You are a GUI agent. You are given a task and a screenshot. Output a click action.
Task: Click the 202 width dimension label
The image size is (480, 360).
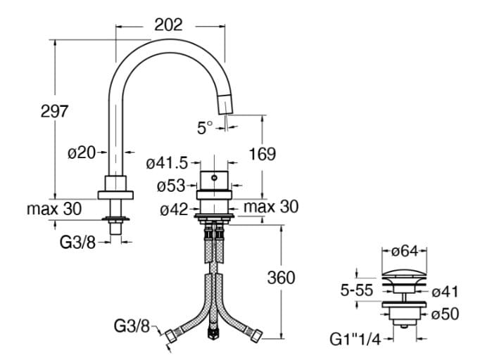168,25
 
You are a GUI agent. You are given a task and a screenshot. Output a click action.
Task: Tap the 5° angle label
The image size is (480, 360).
204,128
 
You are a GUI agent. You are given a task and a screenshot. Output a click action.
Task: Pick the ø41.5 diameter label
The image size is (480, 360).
167,163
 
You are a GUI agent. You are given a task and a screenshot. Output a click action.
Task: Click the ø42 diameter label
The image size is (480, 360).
172,209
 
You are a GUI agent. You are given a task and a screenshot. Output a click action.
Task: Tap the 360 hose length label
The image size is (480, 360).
281,278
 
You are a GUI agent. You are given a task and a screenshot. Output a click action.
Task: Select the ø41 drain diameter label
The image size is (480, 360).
445,290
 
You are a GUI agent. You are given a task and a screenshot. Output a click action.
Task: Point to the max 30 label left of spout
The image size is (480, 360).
54,209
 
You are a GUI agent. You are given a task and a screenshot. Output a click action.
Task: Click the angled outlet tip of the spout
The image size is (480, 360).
226,103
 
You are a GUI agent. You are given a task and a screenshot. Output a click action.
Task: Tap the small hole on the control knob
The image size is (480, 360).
215,179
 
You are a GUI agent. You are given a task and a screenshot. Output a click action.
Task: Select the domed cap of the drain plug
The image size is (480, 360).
403,275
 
